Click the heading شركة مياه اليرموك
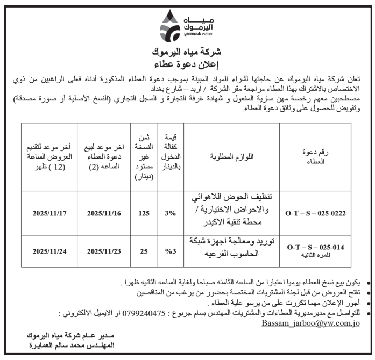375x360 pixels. pos(187,53)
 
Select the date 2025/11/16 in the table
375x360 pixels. pos(104,213)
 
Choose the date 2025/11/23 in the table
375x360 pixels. pos(104,250)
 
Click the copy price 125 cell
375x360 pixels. pos(143,213)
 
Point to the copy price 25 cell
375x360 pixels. pos(143,250)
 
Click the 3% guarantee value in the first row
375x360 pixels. pos(171,213)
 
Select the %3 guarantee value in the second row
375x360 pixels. pos(171,250)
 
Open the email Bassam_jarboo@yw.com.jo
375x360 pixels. pos(310,323)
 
